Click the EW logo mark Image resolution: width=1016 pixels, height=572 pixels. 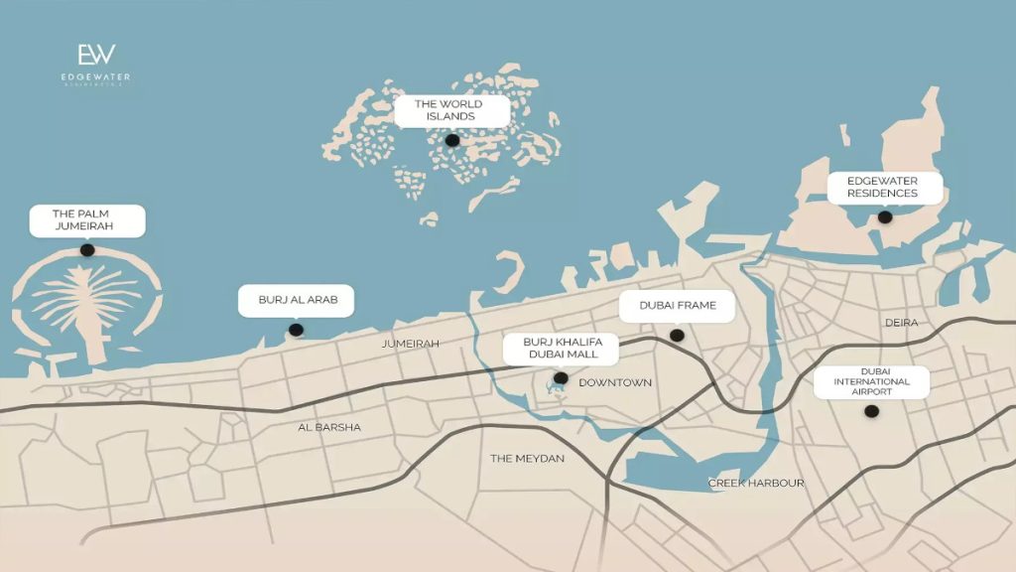96,55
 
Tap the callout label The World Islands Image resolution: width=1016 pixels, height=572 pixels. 448,110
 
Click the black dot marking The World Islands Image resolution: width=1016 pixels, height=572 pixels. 452,141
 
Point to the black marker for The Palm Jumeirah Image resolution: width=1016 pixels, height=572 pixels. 87,250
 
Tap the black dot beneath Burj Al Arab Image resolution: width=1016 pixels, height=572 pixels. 295,330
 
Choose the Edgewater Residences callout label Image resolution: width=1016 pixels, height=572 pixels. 882,187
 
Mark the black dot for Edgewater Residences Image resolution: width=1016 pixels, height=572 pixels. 885,216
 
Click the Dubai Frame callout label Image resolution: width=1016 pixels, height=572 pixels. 678,306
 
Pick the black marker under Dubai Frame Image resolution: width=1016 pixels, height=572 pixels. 677,336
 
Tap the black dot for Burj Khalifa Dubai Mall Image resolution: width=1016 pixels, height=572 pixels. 561,378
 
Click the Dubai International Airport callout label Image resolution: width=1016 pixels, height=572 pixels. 871,381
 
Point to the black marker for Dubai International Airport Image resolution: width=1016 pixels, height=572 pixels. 871,411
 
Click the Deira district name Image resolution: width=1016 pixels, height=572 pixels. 902,323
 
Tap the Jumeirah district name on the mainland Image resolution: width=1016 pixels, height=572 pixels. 410,344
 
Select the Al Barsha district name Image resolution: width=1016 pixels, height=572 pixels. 329,427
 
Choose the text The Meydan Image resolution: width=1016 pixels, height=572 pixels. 527,459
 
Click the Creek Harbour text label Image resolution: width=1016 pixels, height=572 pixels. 756,484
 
